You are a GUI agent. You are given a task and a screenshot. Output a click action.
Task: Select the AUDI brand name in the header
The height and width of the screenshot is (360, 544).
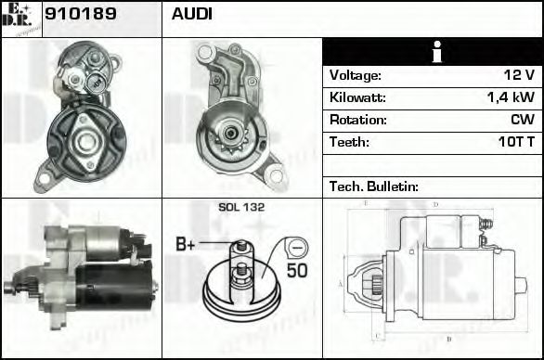(192, 15)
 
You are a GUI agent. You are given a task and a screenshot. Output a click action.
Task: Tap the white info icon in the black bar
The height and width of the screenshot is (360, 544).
(433, 52)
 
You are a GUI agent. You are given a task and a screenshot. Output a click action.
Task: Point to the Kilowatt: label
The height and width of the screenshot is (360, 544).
(357, 97)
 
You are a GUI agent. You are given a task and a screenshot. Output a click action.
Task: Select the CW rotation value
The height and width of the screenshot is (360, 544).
(523, 120)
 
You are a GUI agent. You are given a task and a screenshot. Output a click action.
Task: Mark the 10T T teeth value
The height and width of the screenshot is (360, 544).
(515, 142)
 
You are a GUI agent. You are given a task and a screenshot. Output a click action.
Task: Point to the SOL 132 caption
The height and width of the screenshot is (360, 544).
(240, 207)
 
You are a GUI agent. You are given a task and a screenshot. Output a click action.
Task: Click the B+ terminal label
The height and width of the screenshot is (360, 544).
(186, 246)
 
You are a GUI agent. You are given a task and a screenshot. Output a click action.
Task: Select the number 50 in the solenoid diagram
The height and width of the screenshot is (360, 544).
(296, 271)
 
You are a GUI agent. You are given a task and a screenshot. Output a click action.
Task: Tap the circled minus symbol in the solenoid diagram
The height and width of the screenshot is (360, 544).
(295, 248)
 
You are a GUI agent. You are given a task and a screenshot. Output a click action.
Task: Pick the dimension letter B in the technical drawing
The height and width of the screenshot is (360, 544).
(448, 339)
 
